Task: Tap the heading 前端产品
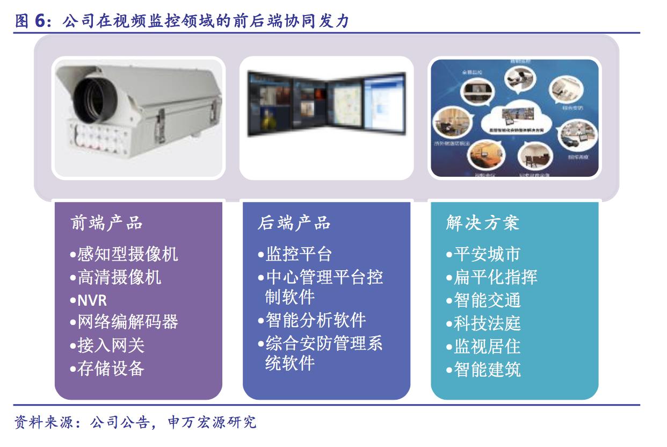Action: [107, 223]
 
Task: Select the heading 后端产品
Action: [294, 223]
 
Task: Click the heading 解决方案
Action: [482, 223]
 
